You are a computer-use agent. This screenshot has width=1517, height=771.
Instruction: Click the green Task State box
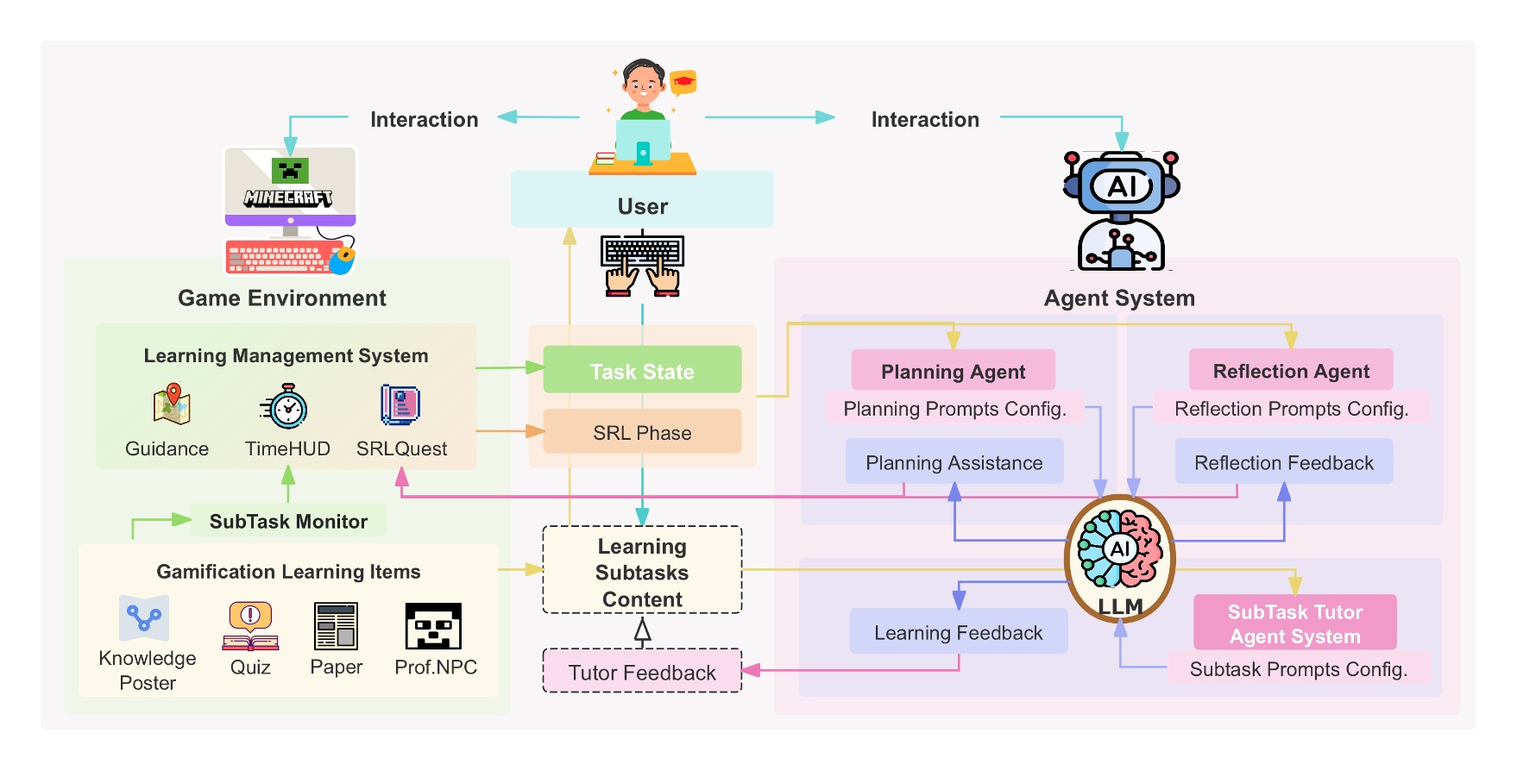(x=642, y=370)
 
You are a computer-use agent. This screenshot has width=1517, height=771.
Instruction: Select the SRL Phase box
(x=642, y=431)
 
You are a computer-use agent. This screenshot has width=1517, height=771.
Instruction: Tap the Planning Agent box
(x=953, y=370)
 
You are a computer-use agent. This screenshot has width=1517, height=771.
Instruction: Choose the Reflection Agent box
(x=1291, y=370)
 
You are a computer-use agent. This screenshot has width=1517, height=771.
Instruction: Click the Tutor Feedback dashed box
(x=642, y=671)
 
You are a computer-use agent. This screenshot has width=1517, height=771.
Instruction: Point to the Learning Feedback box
(x=958, y=631)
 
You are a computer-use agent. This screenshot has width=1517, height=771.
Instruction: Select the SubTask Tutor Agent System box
(x=1294, y=623)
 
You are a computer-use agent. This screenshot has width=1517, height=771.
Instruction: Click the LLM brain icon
(x=1120, y=548)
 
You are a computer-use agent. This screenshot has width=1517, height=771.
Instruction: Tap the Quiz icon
(x=250, y=626)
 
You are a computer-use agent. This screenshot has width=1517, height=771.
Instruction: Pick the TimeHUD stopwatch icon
(x=287, y=406)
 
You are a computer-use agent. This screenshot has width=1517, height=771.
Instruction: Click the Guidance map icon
(x=171, y=404)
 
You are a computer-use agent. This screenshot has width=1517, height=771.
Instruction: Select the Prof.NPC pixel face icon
(x=433, y=626)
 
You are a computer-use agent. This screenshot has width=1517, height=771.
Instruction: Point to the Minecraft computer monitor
(x=290, y=189)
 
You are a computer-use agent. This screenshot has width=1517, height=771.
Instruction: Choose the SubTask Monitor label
(x=288, y=521)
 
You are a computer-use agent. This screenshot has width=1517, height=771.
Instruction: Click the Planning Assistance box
(x=954, y=462)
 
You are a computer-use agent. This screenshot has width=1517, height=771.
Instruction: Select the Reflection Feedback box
(x=1283, y=462)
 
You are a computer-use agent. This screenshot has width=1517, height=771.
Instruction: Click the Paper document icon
(x=336, y=626)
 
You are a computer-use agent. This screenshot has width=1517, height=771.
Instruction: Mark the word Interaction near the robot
(x=925, y=119)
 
